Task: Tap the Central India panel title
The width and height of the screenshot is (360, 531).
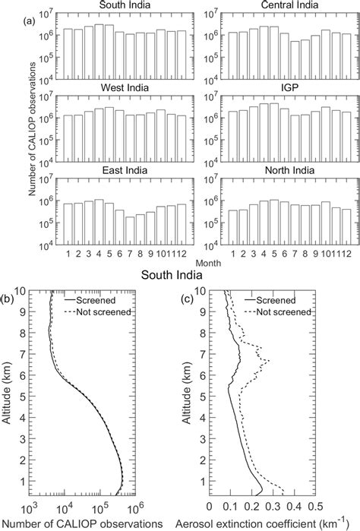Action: pos(278,8)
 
